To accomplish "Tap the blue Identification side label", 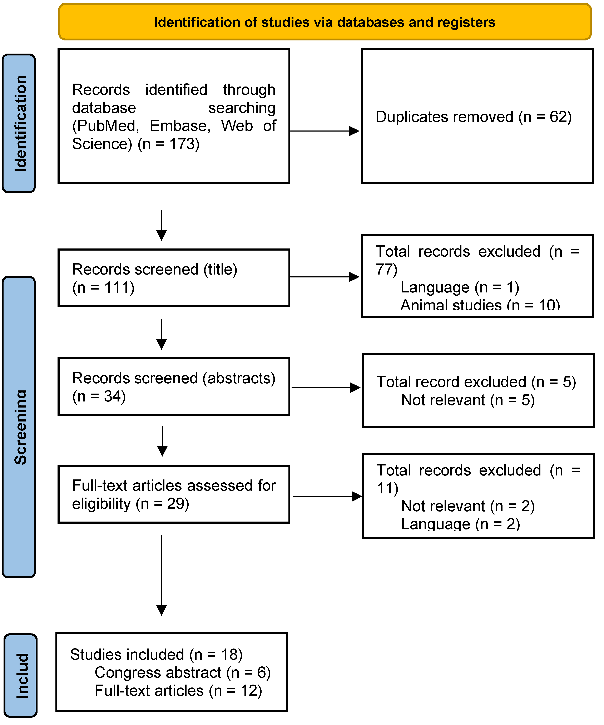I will [19, 123].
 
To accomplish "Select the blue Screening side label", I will [19, 427].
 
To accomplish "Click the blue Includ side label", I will [21, 675].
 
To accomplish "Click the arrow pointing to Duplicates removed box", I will [325, 131].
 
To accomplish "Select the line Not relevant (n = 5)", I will [468, 400].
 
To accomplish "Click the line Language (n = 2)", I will [460, 524].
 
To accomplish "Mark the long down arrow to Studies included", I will [162, 575].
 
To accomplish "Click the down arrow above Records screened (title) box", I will [162, 225].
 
